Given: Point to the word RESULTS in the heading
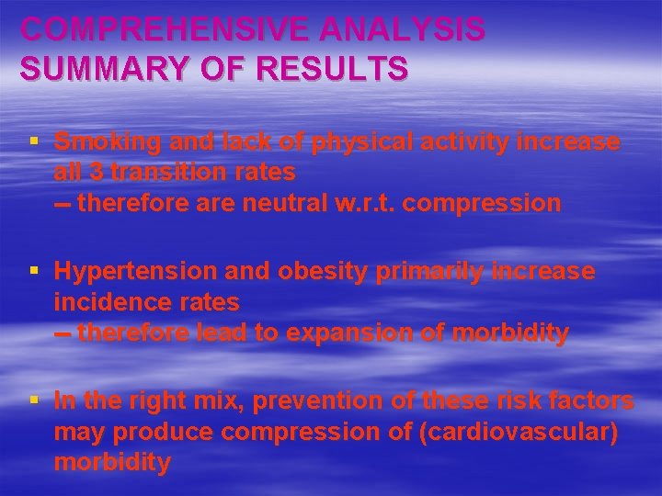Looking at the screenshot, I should coord(335,67).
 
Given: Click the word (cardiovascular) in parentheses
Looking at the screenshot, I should coord(517,432).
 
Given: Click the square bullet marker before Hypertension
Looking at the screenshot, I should coord(33,271).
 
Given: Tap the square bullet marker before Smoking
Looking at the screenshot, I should coord(33,141).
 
